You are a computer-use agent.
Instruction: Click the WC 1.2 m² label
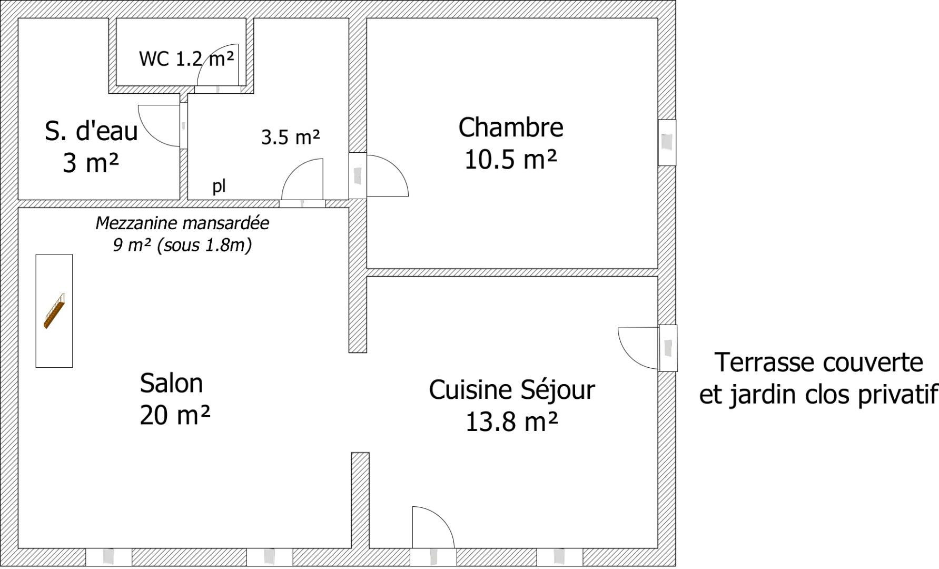[186, 58]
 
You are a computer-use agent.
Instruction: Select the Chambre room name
[510, 127]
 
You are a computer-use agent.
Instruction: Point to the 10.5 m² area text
[510, 159]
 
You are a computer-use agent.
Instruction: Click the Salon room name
[171, 383]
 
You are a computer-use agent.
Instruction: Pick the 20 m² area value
[175, 415]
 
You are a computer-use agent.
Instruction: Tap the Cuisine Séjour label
[511, 390]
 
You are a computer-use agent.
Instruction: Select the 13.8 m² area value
[511, 421]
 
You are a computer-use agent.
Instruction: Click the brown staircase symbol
[54, 311]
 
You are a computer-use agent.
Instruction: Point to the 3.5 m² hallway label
[290, 138]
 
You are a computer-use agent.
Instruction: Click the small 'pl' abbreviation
[219, 186]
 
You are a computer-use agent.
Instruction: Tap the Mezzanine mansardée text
[182, 223]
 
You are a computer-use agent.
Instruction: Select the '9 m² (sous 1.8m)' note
[182, 245]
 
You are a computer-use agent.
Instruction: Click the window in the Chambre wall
[667, 142]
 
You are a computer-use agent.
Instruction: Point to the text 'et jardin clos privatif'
[818, 395]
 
